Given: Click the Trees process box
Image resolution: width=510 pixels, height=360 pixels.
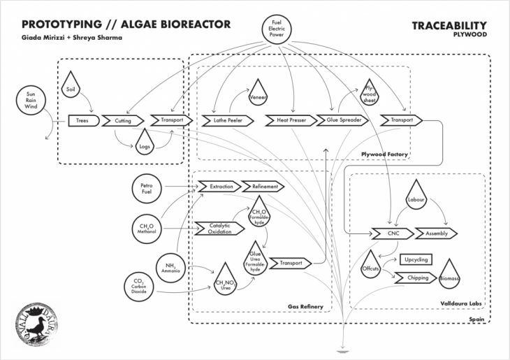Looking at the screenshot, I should (x=82, y=121).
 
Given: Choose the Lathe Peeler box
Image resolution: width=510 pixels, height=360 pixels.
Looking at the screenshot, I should (x=222, y=121).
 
